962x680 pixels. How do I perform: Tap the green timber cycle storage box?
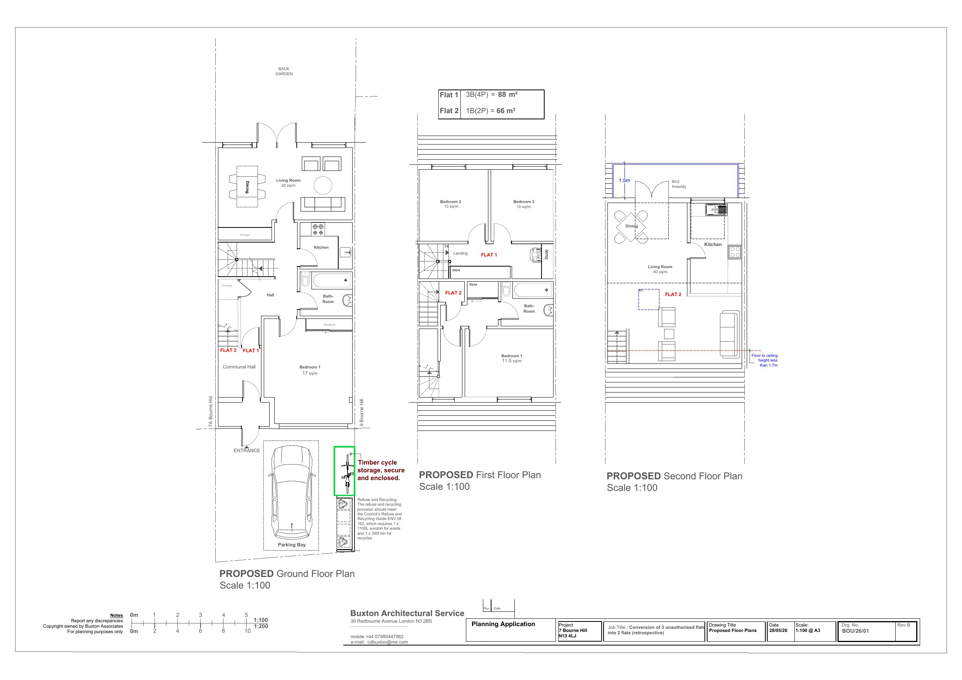tap(344, 471)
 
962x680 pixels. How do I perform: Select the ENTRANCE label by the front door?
tap(246, 451)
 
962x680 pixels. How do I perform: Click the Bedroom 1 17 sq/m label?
tap(310, 370)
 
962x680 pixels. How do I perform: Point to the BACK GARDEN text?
tap(284, 71)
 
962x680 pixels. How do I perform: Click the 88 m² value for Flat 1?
tap(507, 95)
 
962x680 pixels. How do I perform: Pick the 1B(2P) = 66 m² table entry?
tap(490, 111)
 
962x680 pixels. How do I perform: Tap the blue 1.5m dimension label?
tap(624, 181)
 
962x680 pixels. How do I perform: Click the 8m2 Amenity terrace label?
tap(679, 184)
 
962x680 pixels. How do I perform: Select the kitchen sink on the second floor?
tap(716, 209)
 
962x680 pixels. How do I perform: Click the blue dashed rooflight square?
tap(649, 300)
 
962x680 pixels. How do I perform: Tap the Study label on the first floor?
tap(547, 254)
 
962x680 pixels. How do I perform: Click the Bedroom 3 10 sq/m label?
tap(524, 204)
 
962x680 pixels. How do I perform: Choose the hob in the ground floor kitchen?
tap(318, 229)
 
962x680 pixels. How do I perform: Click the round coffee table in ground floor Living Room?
tap(323, 185)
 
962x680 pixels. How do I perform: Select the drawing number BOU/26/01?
tap(855, 631)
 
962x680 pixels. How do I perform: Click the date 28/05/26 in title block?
tap(778, 630)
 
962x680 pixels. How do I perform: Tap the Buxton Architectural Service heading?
tap(407, 613)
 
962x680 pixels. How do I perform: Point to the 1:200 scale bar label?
tap(261, 627)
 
